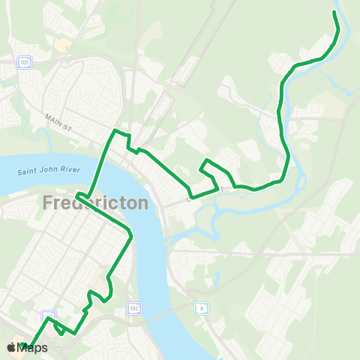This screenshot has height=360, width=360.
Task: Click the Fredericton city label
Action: coord(95,203)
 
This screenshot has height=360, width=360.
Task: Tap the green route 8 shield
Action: coord(200,307)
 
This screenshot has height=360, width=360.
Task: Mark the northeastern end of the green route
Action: coord(334,13)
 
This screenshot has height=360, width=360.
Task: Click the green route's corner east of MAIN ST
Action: coord(114,132)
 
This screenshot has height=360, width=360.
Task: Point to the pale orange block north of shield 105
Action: coord(59,44)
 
